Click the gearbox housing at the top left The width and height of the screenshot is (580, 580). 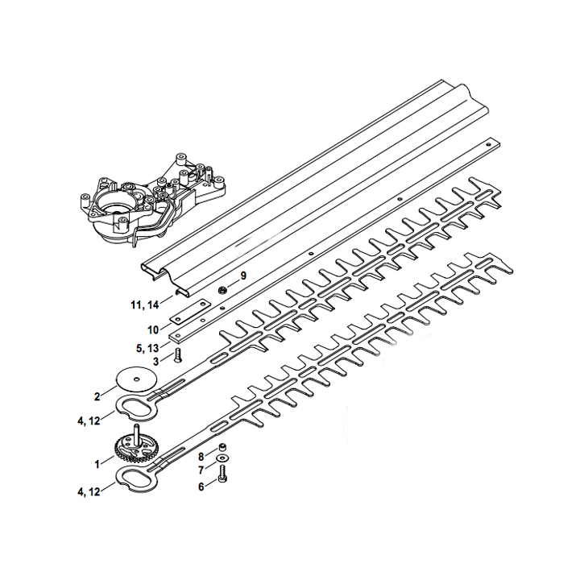[x=150, y=201]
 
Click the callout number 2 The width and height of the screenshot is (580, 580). [x=97, y=396]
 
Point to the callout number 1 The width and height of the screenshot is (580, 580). [x=97, y=463]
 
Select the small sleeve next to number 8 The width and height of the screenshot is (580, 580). [x=222, y=448]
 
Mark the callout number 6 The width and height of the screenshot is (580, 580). [x=201, y=487]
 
